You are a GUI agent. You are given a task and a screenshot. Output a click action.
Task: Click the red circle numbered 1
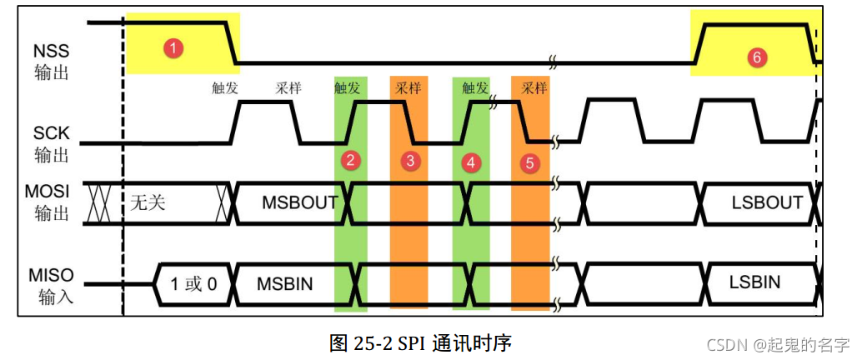pyautogui.click(x=173, y=48)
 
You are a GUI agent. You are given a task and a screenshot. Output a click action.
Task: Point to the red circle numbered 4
pyautogui.click(x=472, y=162)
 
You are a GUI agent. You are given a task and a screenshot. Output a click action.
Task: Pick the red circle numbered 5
pyautogui.click(x=530, y=163)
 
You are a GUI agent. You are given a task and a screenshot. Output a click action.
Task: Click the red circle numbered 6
pyautogui.click(x=756, y=57)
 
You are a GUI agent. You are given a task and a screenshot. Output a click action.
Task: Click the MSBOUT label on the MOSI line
pyautogui.click(x=299, y=202)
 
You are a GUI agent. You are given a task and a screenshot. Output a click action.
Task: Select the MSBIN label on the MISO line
pyautogui.click(x=284, y=283)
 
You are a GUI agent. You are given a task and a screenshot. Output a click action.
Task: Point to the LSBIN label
pyautogui.click(x=754, y=282)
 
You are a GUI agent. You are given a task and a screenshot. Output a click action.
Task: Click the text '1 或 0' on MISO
pyautogui.click(x=193, y=283)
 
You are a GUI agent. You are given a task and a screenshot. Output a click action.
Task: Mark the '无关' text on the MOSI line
pyautogui.click(x=148, y=202)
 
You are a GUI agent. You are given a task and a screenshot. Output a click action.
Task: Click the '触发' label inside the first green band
pyautogui.click(x=348, y=87)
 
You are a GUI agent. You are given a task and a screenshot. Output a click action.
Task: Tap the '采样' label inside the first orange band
pyautogui.click(x=408, y=87)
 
